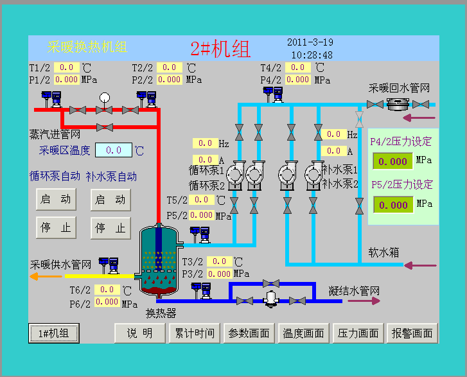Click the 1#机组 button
pos(54,333)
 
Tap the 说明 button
pos(139,333)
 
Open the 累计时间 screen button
pos(195,333)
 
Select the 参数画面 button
pos(249,333)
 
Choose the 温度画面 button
pos(303,333)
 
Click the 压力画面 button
pos(358,333)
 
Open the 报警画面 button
pos(412,333)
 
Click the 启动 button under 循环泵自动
pos(56,199)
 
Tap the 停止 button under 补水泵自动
pos(110,228)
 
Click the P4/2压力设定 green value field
pos(393,161)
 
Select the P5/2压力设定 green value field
pos(393,205)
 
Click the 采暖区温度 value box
pos(114,150)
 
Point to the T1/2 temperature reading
pos(66,67)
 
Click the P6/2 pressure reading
pos(107,302)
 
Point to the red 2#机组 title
pos(220,49)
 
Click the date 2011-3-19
pos(310,42)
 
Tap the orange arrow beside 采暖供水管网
pos(46,277)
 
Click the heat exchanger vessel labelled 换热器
pos(159,261)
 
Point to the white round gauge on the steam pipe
pos(105,98)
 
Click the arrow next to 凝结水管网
pos(364,301)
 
